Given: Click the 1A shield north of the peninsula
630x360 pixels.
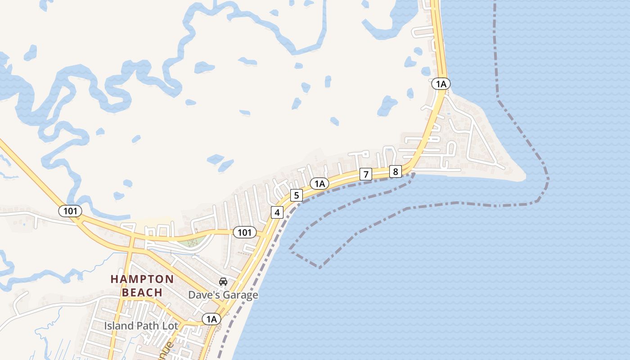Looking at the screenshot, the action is tap(441, 84).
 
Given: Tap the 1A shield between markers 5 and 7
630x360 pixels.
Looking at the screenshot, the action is tap(319, 184).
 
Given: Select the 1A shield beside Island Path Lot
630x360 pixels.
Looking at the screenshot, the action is tap(211, 319).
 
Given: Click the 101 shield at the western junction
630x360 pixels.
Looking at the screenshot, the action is tap(70, 211).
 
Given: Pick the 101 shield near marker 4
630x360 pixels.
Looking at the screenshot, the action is tap(244, 232).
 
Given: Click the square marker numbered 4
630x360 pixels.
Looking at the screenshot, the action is tap(277, 212).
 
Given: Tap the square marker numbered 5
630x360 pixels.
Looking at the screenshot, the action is tap(296, 195).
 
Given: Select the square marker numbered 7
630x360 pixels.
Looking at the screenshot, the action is tap(366, 174).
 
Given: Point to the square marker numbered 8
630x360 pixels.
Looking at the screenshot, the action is tap(395, 171).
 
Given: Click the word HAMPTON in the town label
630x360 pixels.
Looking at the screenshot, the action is tap(136, 279).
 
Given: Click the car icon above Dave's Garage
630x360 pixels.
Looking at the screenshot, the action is tap(223, 282).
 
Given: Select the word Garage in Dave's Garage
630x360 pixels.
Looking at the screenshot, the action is tap(242, 295).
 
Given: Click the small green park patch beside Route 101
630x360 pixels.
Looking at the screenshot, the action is tap(191, 243).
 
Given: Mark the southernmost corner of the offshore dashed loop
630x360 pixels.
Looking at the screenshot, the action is tap(320, 268).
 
